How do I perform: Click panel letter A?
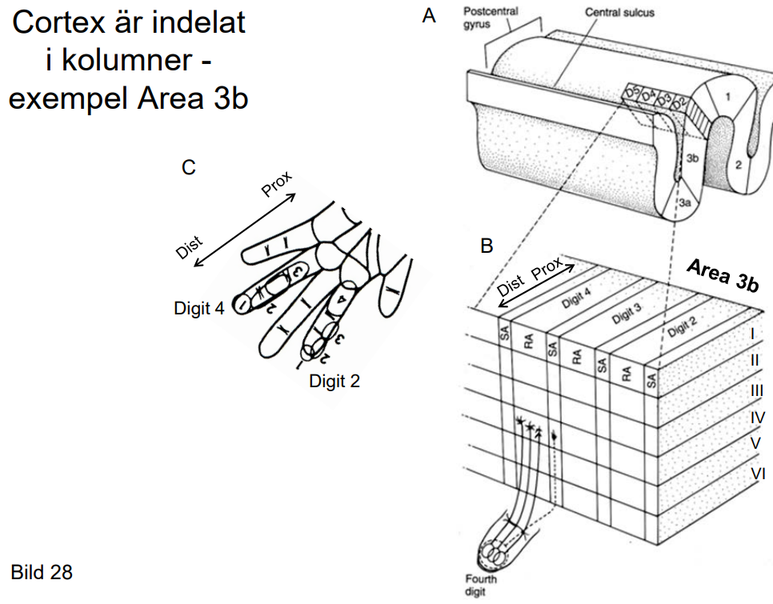430,15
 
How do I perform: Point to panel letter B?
486,246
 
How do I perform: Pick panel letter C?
189,167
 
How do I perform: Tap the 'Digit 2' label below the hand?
334,381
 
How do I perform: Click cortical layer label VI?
757,474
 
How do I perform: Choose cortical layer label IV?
756,417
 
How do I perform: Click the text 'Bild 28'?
42,572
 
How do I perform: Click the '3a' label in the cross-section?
685,204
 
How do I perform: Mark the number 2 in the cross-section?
737,164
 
